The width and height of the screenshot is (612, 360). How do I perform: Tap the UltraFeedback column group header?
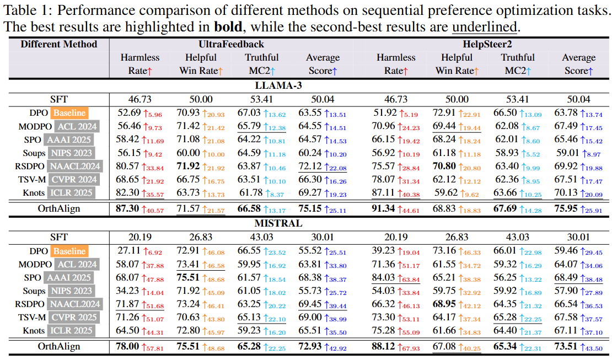[x=230, y=44]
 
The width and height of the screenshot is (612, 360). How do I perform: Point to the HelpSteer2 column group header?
[x=487, y=44]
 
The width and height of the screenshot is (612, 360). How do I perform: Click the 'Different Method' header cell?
[x=59, y=44]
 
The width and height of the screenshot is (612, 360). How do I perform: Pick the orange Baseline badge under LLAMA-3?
[x=69, y=113]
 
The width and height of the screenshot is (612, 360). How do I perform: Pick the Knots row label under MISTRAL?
[x=34, y=330]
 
